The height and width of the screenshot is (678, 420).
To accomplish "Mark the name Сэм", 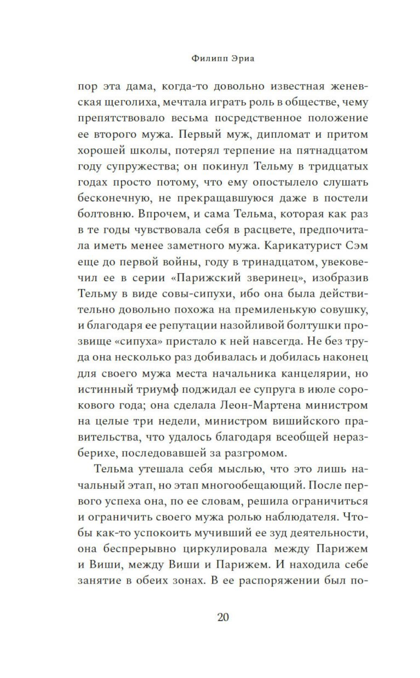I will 356,246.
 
